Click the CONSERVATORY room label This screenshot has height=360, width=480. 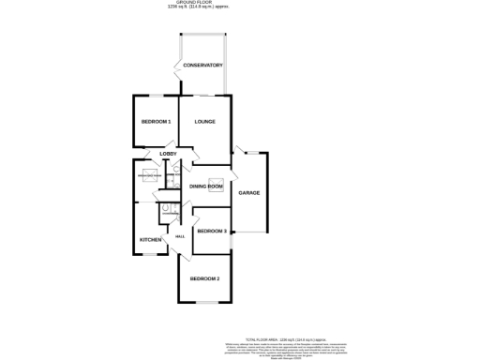202,65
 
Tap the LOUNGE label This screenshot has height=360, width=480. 204,122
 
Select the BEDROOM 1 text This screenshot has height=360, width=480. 156,122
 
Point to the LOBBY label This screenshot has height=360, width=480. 168,154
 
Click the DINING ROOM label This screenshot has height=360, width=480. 206,187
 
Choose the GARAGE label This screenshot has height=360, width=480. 248,193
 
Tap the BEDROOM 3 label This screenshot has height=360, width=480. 211,231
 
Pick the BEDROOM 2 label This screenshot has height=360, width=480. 204,278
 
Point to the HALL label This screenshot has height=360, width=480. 177,237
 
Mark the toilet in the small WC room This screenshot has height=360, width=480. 164,209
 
